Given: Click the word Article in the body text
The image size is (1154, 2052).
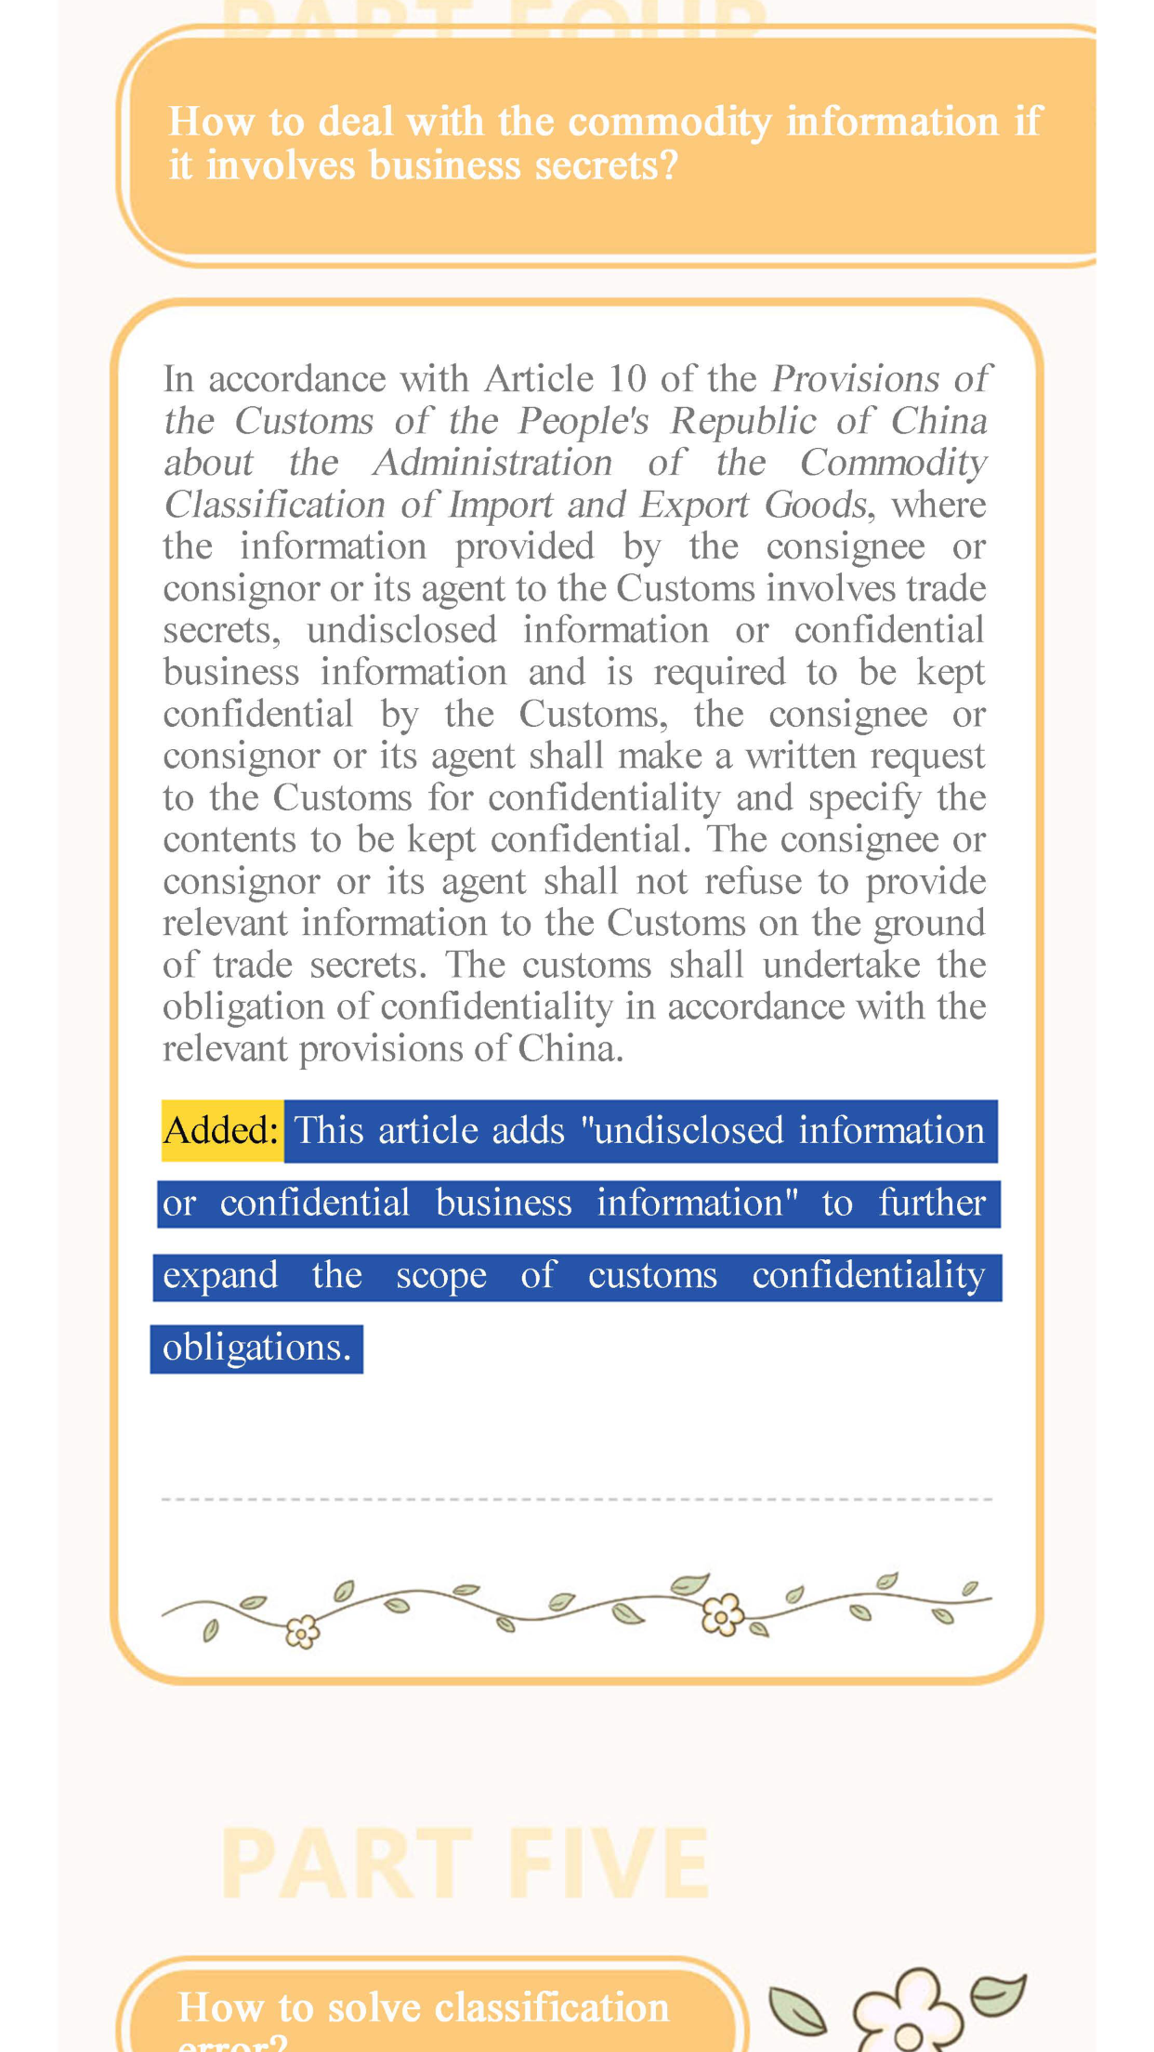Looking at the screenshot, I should (539, 379).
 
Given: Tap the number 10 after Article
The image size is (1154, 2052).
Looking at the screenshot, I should (627, 379).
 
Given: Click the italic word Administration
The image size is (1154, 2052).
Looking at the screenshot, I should (492, 463).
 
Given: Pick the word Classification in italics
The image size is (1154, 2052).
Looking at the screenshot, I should (274, 505).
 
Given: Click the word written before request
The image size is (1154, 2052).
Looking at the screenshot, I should (801, 756).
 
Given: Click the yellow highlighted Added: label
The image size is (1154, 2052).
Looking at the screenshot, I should (221, 1131).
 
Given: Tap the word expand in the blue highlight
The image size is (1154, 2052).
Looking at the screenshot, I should (220, 1276).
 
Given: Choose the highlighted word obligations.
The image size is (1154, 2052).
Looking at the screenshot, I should (256, 1348).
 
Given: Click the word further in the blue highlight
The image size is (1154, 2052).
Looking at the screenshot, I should (932, 1204).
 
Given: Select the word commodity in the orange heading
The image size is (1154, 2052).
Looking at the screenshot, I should (669, 122).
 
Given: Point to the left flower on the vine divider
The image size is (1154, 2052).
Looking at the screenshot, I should (302, 1631).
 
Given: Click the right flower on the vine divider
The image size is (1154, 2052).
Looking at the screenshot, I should (722, 1614).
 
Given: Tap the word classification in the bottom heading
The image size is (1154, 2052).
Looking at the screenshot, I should (552, 2007).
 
